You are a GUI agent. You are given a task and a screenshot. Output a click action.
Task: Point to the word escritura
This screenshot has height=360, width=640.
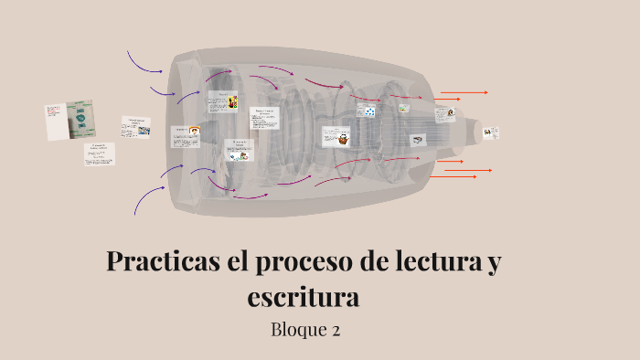coord(304,297)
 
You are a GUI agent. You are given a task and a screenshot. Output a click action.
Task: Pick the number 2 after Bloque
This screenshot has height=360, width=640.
coord(336,330)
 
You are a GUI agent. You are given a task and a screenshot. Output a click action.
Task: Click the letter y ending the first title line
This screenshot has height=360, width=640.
coord(495,263)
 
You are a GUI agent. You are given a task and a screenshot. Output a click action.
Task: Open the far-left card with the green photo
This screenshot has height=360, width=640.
coord(69,120)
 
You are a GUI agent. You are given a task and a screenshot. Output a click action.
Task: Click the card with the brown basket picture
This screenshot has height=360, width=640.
coord(337,137)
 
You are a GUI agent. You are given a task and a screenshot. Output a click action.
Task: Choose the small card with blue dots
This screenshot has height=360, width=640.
coord(367,111)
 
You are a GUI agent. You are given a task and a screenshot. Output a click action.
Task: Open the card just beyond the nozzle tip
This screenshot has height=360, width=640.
coord(491,132)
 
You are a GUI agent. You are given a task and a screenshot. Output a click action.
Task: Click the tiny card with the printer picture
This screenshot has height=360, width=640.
coord(417,140)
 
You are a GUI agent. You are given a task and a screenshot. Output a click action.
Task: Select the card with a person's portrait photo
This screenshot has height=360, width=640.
coord(444,115)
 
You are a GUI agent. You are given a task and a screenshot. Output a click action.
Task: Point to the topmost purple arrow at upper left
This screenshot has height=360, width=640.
coord(143,62)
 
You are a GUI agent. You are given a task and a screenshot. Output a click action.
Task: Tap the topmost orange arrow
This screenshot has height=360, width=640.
coord(464,92)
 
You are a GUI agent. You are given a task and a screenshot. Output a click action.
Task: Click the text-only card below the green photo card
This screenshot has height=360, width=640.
coord(100,154)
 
